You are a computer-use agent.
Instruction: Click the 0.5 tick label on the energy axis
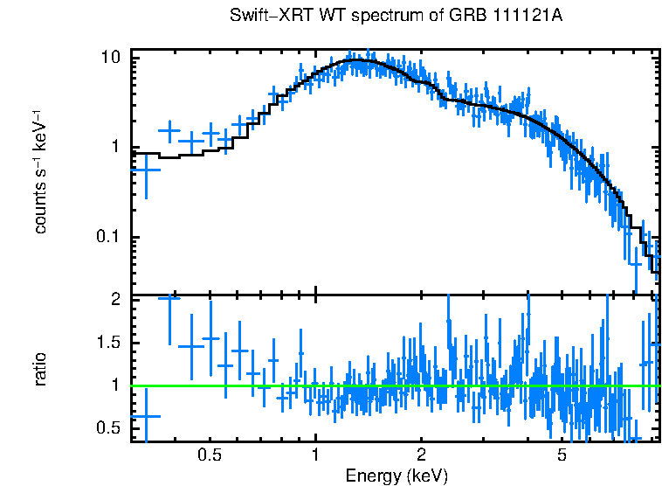click(209, 455)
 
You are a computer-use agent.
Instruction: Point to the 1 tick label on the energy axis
click(315, 455)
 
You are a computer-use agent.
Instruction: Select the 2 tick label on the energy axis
click(421, 455)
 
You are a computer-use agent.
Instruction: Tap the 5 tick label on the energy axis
click(562, 455)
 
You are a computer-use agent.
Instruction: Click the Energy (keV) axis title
click(396, 476)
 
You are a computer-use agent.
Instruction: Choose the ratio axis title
click(40, 369)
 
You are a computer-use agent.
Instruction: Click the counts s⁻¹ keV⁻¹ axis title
click(40, 171)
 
